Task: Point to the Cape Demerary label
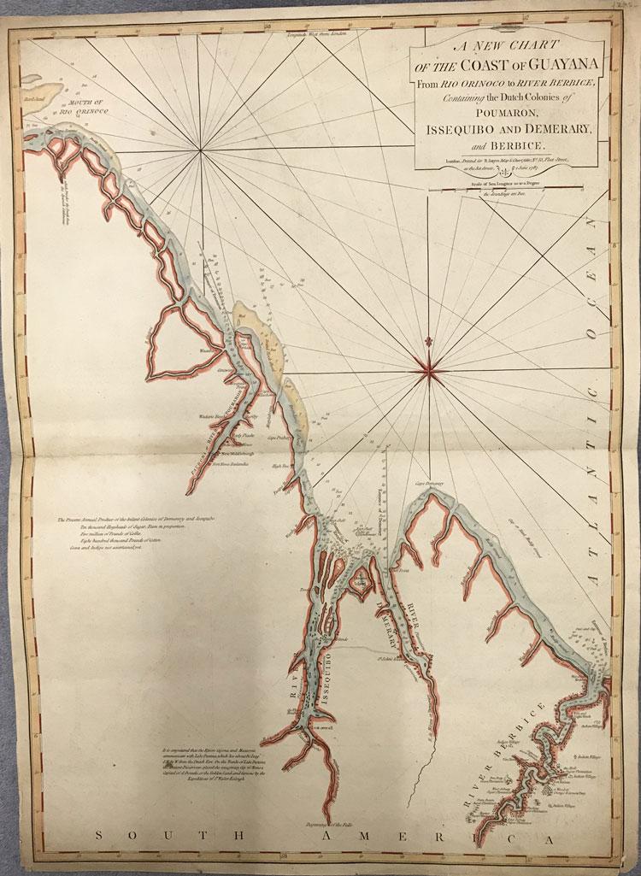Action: click(432, 484)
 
